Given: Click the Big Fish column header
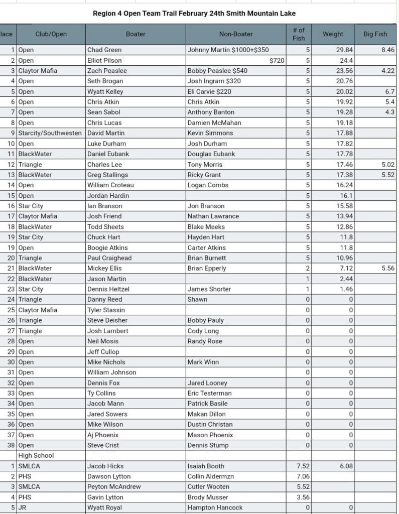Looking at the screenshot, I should (375, 34).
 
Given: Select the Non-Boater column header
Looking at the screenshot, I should (236, 34).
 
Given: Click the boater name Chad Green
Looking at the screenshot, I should (104, 50).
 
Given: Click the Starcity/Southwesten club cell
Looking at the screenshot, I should (50, 133).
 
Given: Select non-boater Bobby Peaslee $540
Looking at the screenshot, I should (217, 71).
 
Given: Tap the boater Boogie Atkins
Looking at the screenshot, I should (107, 247).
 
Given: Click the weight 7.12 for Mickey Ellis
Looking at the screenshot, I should (346, 268).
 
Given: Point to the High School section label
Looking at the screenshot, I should (36, 455).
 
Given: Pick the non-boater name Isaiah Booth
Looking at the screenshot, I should (206, 466).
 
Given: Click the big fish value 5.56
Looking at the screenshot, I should (387, 268).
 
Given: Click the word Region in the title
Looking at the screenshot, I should (104, 14).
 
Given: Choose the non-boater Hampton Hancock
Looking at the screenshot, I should (215, 507).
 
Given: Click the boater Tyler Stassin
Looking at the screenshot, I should (106, 310).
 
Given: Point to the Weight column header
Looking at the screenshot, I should (333, 34).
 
